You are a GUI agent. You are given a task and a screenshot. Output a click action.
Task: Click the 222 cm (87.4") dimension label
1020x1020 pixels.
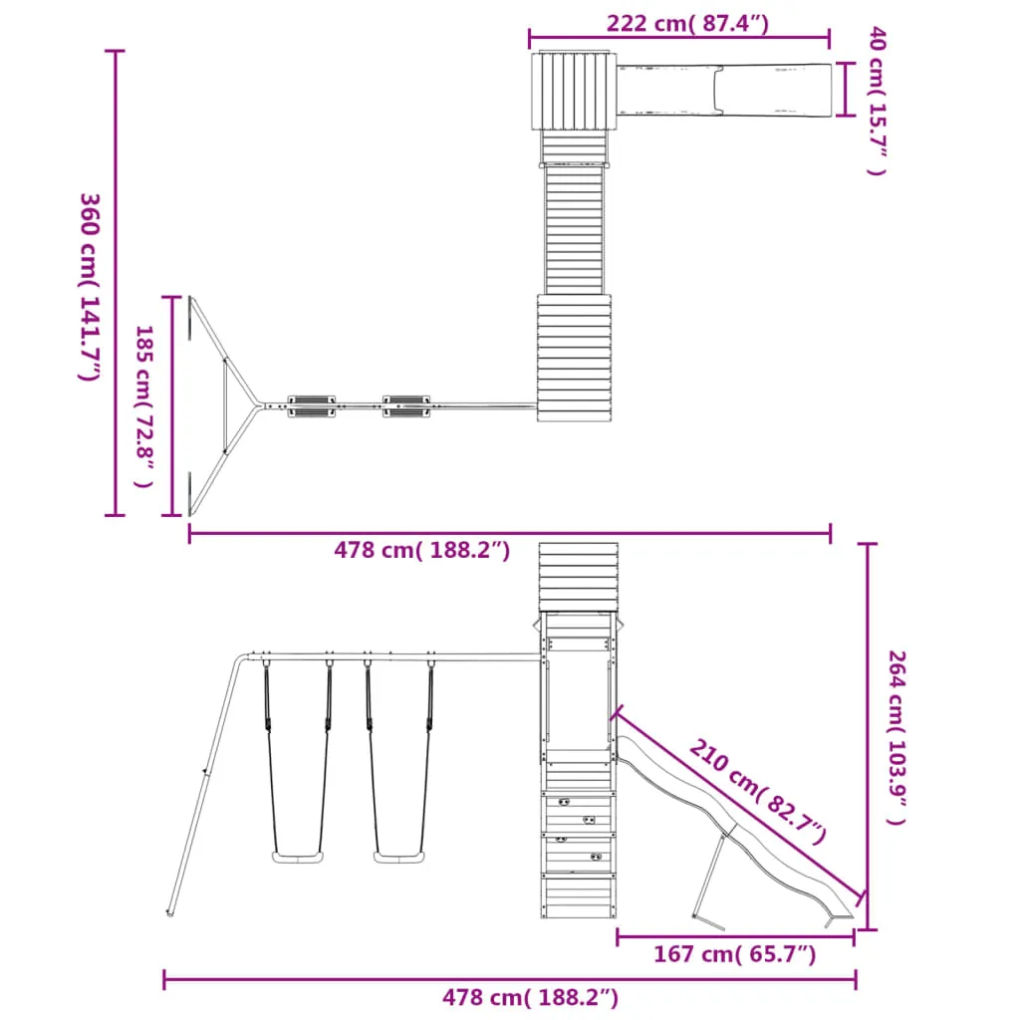pos(687,24)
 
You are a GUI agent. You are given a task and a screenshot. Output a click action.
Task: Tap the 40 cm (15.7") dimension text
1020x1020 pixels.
pos(878,101)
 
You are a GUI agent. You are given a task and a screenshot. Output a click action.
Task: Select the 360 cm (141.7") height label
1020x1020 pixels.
pos(89,287)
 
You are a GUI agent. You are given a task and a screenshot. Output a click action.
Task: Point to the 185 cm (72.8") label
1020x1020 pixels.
pos(144,406)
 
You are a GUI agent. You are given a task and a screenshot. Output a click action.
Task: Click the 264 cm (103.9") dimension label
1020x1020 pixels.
pos(897,738)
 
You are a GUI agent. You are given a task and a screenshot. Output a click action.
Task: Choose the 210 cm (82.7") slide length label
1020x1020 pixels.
pos(758,791)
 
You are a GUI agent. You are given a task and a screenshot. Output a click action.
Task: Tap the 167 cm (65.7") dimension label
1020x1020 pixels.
pos(734,954)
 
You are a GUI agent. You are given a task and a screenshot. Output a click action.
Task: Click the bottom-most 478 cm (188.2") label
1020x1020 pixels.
pos(530,997)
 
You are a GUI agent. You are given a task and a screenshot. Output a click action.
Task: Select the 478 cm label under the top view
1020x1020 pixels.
pos(422,550)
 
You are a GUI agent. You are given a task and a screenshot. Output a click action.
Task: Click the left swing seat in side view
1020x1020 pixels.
pos(298,858)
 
